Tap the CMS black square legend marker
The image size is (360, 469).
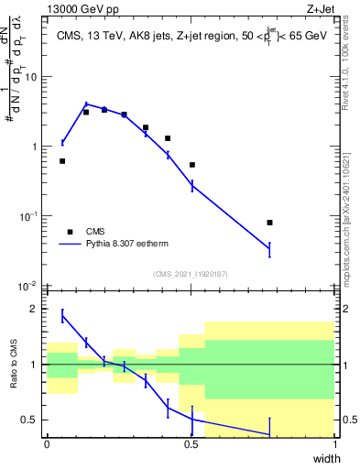coord(70,233)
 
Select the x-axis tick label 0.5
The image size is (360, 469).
coord(191,443)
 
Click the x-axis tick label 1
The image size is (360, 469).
coord(335,443)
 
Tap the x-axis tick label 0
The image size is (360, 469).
coord(47,443)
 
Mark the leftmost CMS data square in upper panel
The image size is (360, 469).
coord(62,161)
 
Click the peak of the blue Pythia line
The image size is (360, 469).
coord(86,104)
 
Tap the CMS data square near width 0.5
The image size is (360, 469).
coord(192,165)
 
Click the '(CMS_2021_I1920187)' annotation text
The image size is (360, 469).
coord(191,273)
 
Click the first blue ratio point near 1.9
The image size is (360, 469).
coord(62,315)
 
